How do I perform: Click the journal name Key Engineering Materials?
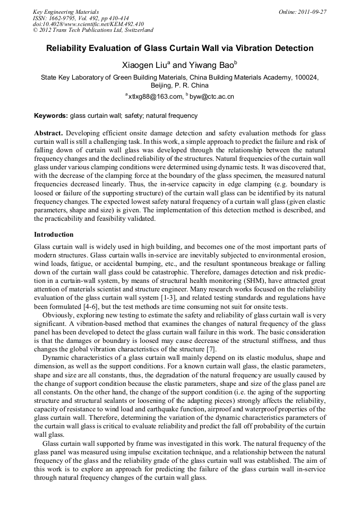coord(66,11)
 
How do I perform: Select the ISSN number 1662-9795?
coord(64,18)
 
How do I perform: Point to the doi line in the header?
coord(88,24)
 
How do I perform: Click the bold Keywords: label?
coord(51,116)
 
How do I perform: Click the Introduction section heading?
coord(54,235)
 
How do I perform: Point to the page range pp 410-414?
coord(110,18)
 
